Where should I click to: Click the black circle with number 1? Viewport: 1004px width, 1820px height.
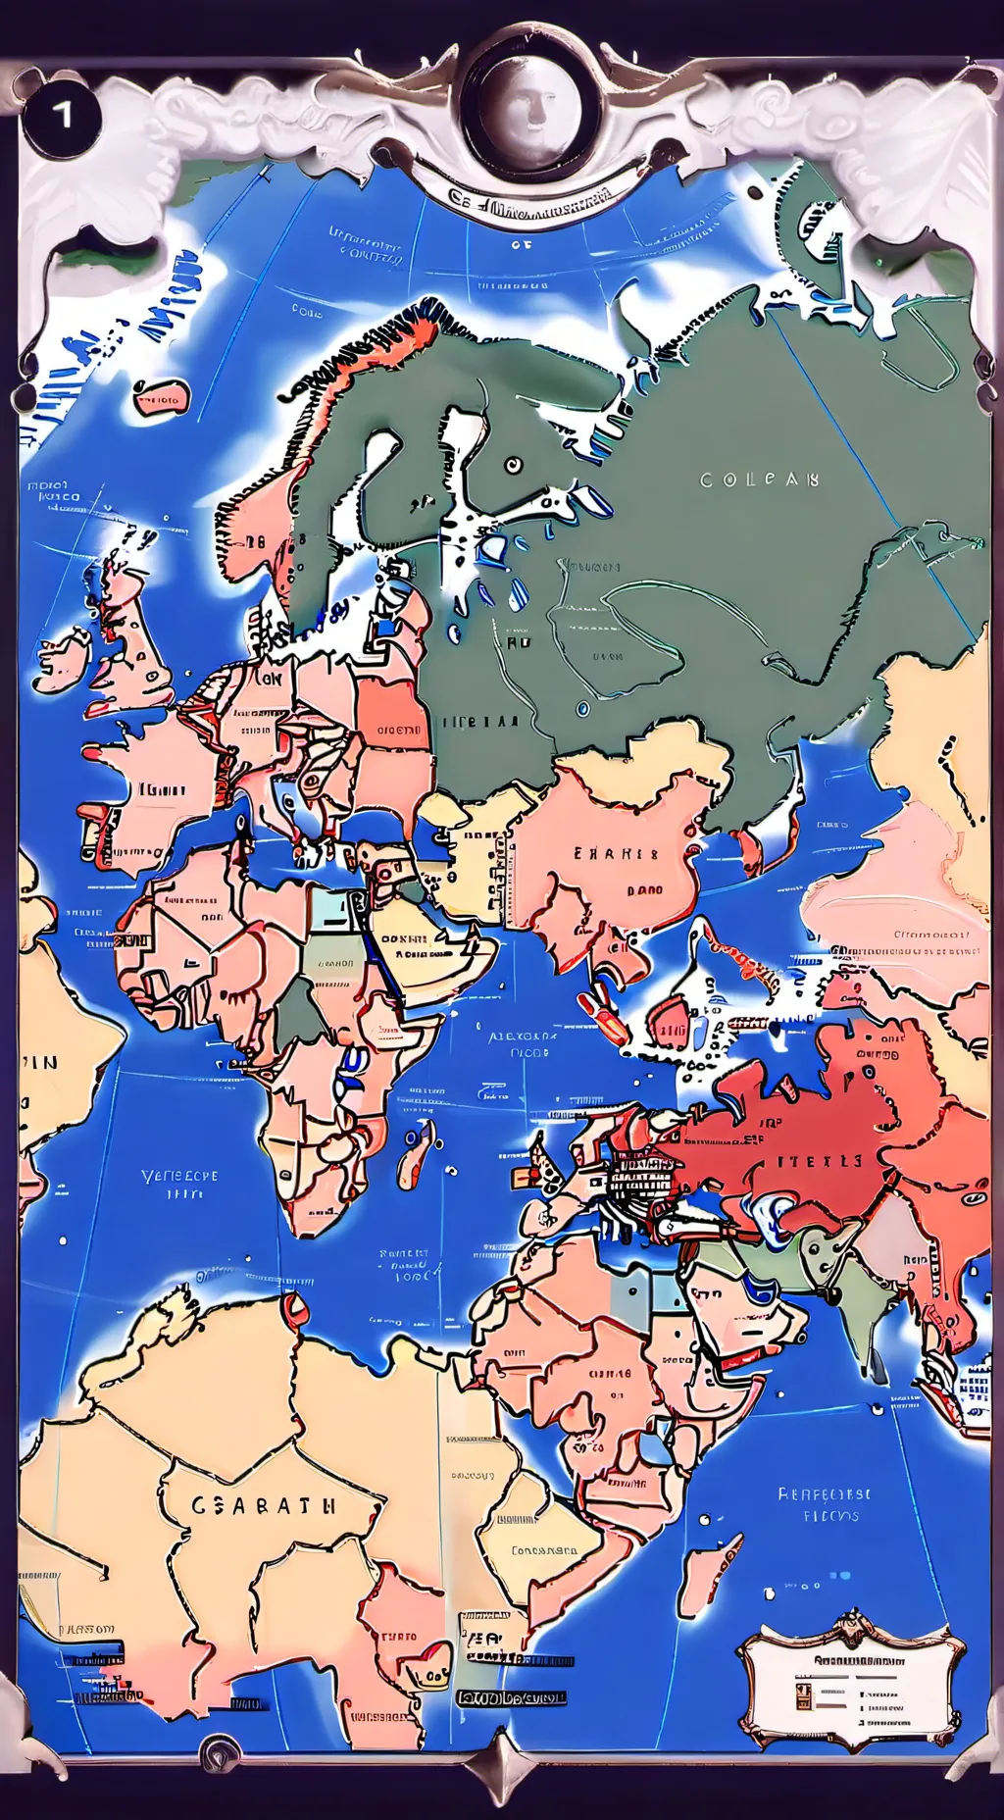61,116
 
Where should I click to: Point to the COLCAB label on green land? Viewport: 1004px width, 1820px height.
759,480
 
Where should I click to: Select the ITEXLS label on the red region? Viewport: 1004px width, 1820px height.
821,1160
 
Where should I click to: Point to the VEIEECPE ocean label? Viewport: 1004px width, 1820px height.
179,1176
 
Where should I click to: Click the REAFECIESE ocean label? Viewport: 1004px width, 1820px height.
824,1495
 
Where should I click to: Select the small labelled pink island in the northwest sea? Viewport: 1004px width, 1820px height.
159,398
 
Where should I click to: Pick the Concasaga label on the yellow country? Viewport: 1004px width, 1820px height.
544,1550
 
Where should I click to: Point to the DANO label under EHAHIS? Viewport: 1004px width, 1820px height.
645,890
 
